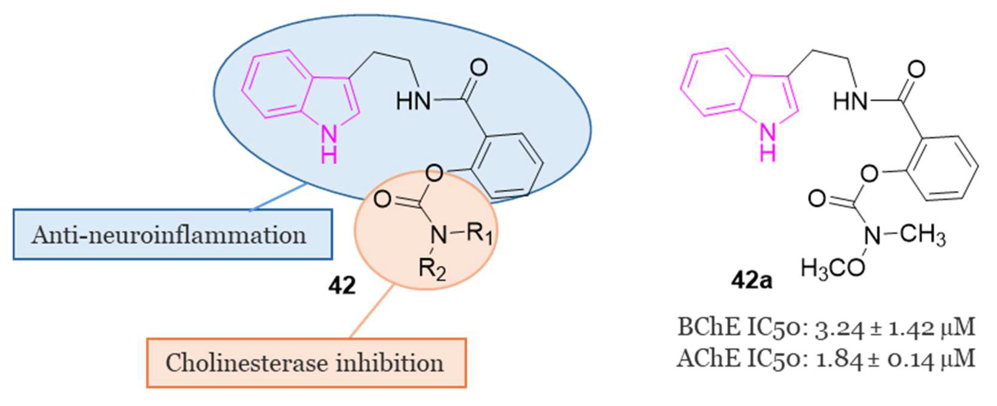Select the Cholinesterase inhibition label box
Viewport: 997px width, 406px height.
(306, 363)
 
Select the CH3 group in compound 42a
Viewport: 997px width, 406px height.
(923, 235)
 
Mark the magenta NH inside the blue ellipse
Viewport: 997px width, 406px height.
(329, 145)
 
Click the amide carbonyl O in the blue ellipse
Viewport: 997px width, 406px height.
(479, 68)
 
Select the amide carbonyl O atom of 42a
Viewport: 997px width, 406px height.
(916, 70)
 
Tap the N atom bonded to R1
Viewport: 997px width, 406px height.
(439, 234)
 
